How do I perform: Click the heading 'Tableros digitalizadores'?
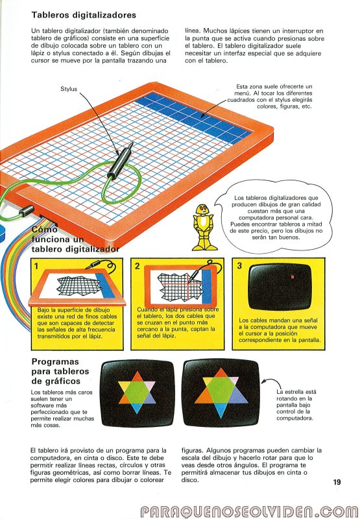pos(84,15)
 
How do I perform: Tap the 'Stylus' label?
pos(69,89)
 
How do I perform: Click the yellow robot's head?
pos(202,209)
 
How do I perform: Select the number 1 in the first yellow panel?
pos(36,266)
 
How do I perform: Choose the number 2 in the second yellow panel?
pos(138,266)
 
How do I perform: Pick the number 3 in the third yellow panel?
pos(239,265)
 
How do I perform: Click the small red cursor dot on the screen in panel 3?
pos(292,276)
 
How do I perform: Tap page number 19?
pos(337,482)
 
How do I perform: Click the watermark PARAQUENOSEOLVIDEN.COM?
pos(250,511)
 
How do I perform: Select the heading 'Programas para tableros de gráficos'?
pos(60,371)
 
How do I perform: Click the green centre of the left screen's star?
pos(137,392)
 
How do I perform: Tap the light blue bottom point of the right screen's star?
pos(221,411)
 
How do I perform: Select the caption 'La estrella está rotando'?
pos(294,395)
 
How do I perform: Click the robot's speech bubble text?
pos(276,217)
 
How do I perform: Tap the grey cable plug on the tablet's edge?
pos(27,211)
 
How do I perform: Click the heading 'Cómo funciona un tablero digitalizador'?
pos(75,239)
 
